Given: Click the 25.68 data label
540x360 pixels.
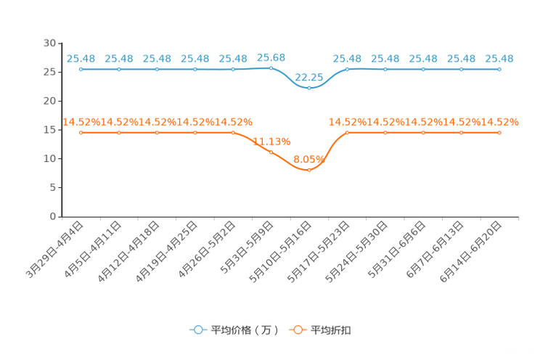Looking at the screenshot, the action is point(271,57).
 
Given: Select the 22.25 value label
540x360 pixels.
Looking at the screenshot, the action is point(309,77).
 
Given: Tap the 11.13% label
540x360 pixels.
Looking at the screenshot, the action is point(271,142).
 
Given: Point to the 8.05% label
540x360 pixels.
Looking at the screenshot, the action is point(309,159).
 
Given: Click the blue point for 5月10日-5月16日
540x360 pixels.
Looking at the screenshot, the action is point(309,89).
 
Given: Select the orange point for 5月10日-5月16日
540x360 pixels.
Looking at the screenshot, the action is point(309,170).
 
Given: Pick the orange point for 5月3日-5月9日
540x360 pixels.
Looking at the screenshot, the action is point(271,152).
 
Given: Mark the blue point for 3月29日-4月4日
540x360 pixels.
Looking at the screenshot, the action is point(81,69).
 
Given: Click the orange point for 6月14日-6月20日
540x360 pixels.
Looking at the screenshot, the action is point(499,133).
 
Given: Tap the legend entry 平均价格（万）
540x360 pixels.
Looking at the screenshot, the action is point(234,330).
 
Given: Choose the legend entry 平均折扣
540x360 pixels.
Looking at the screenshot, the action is point(320,330).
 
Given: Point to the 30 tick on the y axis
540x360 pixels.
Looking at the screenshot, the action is point(49,43).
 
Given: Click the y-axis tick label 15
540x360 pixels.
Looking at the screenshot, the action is point(49,130).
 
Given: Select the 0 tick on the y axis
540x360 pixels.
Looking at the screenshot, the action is point(53,216).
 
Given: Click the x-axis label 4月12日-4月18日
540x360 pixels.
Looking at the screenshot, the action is point(128,251).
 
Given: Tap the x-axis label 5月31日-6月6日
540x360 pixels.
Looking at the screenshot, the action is point(396,250).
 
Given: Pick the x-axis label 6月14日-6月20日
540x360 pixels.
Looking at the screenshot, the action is point(471,251).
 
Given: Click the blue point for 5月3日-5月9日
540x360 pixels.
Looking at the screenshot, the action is point(271,68).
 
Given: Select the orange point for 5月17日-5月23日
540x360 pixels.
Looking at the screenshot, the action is point(347,133).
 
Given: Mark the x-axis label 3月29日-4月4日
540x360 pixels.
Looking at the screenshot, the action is point(54,250).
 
